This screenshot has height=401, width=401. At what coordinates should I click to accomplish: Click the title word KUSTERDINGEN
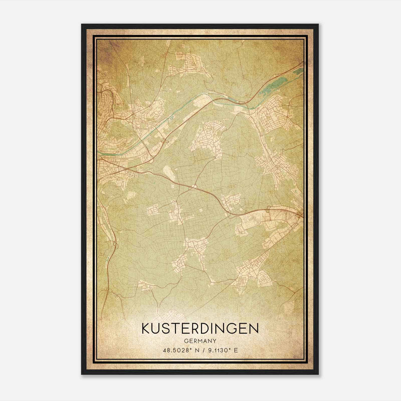point(200,329)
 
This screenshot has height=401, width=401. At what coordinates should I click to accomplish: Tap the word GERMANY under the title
point(200,341)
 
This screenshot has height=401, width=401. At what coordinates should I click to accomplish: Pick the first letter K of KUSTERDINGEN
point(146,329)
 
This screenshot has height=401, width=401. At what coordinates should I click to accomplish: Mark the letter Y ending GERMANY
point(215,341)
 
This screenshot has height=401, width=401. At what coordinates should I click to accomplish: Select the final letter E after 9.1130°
point(236,350)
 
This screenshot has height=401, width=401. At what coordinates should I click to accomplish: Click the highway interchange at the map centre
point(194,186)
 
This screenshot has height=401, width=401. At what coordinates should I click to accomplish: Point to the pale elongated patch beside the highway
point(167,173)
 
